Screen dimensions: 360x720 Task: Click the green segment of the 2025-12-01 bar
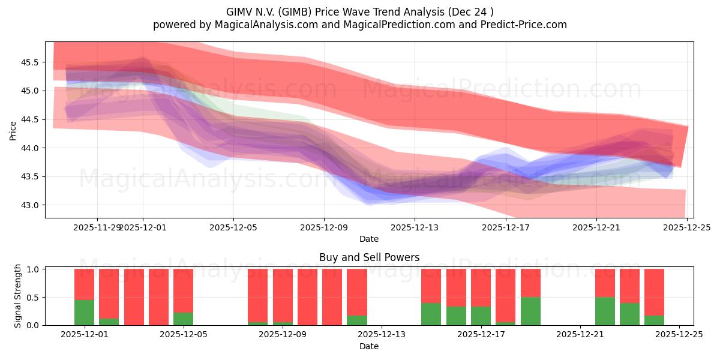(84, 312)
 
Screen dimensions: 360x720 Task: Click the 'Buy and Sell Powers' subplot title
(369, 257)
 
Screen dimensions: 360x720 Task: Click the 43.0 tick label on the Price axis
(30, 205)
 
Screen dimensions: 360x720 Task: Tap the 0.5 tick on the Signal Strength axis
(33, 297)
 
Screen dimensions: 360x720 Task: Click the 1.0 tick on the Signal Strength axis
(33, 269)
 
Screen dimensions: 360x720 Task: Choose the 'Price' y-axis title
(13, 130)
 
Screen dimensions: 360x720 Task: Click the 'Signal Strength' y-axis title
(18, 296)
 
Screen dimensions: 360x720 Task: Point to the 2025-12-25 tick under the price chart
(687, 227)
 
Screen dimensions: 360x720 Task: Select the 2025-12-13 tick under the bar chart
(382, 334)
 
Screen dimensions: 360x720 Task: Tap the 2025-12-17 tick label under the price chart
(505, 227)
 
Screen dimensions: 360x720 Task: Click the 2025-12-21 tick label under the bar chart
(580, 334)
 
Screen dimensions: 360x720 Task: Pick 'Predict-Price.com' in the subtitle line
(526, 25)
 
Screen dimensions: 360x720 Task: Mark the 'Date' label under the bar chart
(369, 346)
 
